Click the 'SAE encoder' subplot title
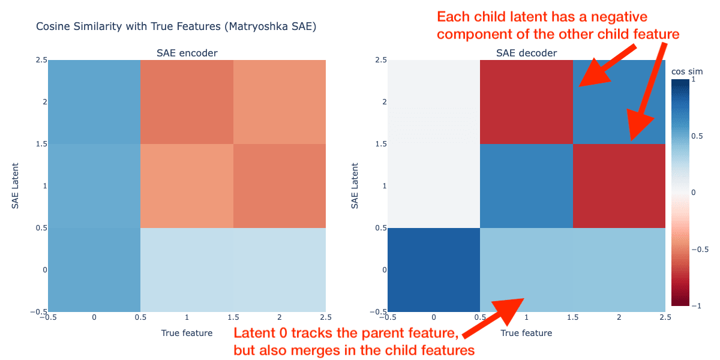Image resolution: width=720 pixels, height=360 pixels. (187, 53)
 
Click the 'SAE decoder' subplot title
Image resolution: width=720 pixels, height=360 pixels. (526, 53)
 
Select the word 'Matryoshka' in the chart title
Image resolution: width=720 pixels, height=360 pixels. (258, 26)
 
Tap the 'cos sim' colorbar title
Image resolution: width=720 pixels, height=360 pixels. (687, 71)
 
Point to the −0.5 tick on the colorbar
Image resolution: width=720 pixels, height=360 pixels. (700, 250)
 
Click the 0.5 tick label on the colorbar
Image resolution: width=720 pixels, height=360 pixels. (697, 136)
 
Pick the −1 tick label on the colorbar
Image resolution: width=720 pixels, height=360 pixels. (696, 305)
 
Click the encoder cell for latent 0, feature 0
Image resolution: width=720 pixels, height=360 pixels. (94, 269)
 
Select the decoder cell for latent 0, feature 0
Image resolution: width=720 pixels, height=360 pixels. (434, 269)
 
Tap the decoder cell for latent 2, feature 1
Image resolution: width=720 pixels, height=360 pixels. (526, 102)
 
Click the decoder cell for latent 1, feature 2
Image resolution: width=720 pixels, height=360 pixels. (619, 186)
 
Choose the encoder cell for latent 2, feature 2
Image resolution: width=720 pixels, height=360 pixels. (280, 102)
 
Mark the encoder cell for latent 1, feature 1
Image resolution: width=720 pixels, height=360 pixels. (187, 186)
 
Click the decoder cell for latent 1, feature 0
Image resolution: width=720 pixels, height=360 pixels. (434, 186)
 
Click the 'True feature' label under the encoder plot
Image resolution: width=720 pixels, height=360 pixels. (187, 333)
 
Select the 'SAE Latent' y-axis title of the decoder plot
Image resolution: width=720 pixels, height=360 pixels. (355, 186)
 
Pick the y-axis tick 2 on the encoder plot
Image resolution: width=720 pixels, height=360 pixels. (44, 102)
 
